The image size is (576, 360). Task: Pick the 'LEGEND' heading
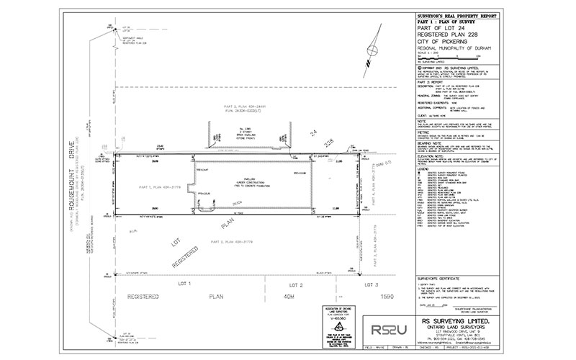coord(425,169)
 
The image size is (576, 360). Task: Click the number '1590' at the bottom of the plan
coord(387,296)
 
